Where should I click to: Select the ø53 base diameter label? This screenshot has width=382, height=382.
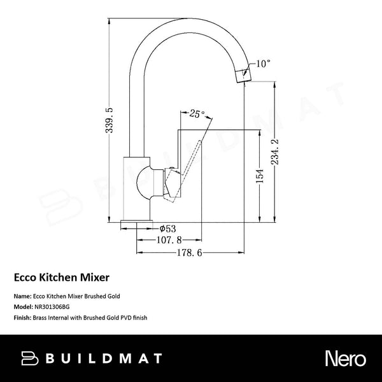[x=167, y=228]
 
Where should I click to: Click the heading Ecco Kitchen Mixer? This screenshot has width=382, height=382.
[x=62, y=278]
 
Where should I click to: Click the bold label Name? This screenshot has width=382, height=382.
[x=22, y=297]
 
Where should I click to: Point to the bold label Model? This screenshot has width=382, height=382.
[x=24, y=306]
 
